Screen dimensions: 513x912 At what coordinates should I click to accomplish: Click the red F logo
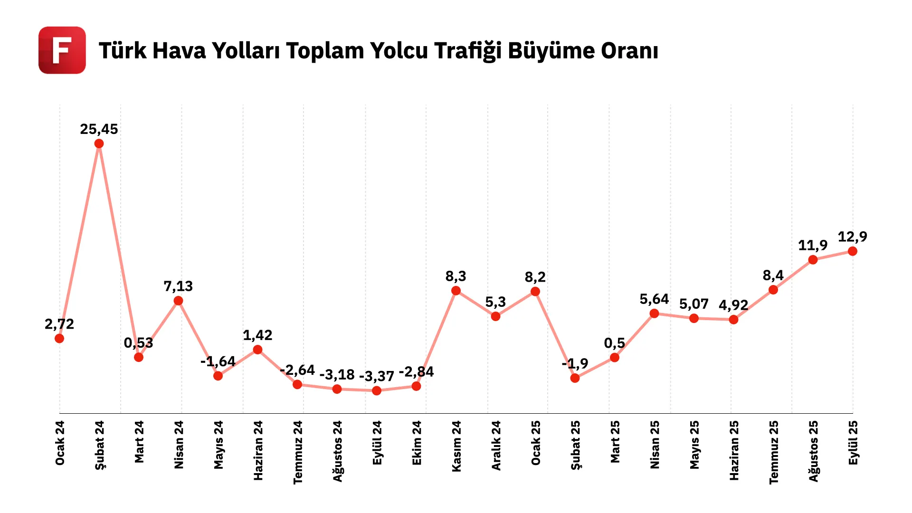62,50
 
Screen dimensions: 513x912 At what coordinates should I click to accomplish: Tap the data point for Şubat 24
99,143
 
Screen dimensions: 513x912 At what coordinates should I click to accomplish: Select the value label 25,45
99,129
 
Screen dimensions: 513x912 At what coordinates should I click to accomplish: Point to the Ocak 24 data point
59,338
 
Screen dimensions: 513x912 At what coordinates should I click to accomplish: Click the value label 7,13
178,286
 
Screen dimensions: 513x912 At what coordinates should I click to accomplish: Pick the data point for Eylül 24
377,390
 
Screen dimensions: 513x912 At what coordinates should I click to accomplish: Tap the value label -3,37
377,376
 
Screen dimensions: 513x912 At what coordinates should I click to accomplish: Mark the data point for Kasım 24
456,291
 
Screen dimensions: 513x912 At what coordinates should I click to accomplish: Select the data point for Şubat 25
575,378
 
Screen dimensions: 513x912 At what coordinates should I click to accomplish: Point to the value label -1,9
575,364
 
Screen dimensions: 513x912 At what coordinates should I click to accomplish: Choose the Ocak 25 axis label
536,443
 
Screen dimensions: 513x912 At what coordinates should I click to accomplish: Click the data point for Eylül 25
853,251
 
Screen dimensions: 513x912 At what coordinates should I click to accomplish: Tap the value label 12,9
853,237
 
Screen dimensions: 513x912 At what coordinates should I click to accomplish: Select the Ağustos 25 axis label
814,451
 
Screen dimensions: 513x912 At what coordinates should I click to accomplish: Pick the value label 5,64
654,299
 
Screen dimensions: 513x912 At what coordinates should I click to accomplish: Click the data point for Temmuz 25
773,290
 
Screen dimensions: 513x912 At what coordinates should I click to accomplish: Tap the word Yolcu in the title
399,51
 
